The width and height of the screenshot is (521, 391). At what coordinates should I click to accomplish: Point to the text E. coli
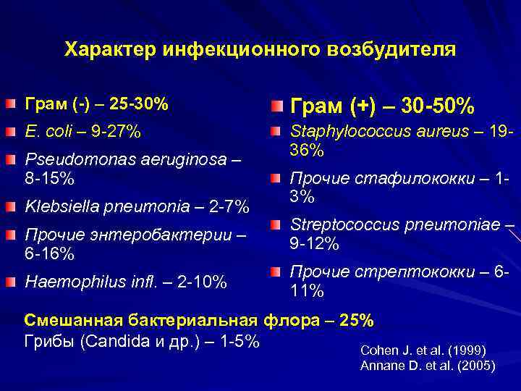click(46, 132)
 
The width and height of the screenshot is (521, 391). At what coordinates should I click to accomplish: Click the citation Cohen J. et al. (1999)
click(423, 350)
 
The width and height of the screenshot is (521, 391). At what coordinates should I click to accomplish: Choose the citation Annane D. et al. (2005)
click(428, 366)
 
